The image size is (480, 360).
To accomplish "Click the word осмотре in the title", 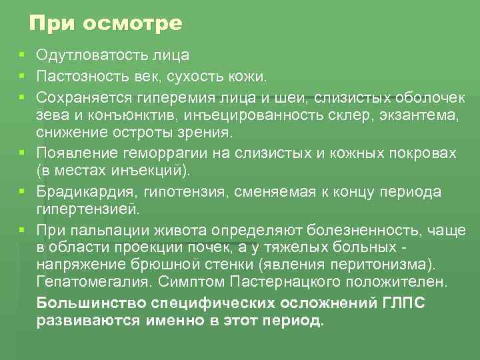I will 133,25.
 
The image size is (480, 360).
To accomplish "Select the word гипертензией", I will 87,210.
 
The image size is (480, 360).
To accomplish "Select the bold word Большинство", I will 91,303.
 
